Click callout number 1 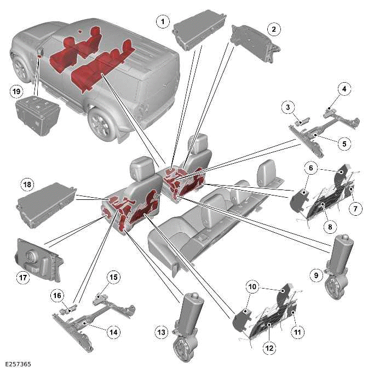[x=162, y=21]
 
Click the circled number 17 [x=23, y=278]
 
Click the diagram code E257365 [x=16, y=363]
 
